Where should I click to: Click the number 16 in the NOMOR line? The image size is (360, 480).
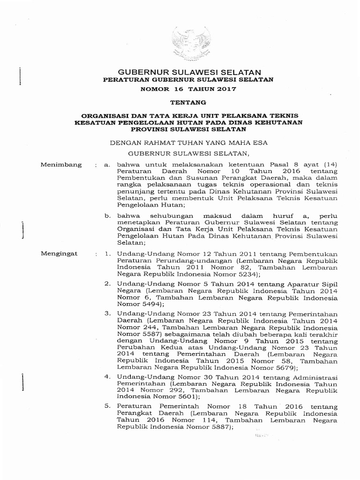click(x=181, y=89)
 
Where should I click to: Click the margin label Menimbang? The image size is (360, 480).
click(x=61, y=165)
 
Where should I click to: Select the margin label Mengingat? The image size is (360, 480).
click(x=59, y=254)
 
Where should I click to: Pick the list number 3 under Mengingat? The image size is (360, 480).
click(x=107, y=313)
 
